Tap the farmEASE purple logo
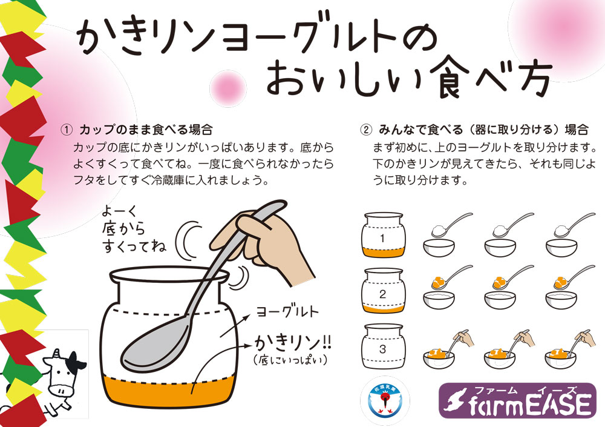click(517, 400)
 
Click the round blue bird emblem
click(385, 401)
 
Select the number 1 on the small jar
click(382, 238)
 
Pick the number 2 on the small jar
click(382, 294)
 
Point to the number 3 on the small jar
click(382, 349)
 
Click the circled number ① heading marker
click(67, 130)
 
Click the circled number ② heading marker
click(366, 130)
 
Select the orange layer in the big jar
click(170, 391)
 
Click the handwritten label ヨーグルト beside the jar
click(287, 311)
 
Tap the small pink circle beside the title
click(228, 88)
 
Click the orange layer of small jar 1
click(383, 252)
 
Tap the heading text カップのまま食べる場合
click(146, 130)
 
